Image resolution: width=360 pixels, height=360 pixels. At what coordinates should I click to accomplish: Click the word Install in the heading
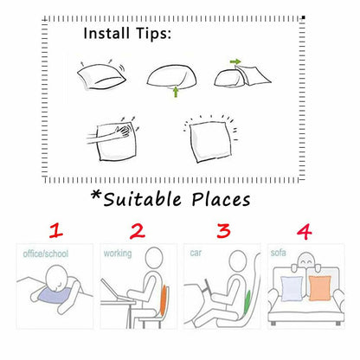106,33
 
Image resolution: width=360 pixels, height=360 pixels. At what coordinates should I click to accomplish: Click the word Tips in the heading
151,34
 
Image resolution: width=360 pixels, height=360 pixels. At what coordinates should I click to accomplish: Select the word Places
221,200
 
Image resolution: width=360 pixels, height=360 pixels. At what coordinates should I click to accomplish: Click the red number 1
56,231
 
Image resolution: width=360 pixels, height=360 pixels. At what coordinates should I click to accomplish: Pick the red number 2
137,231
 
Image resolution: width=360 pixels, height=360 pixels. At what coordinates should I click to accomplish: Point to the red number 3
223,231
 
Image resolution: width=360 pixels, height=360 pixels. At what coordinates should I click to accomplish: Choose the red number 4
305,232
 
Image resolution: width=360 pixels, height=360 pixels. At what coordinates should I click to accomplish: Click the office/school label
46,254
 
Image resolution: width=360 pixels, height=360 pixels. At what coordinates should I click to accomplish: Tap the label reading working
118,254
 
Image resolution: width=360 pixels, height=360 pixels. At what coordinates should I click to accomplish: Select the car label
196,253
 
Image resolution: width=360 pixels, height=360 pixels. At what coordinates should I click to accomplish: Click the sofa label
278,253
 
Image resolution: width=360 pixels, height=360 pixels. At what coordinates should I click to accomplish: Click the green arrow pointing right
235,61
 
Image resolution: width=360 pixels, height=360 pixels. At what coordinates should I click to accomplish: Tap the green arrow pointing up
176,93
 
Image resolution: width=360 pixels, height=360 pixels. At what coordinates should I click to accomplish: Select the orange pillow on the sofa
320,288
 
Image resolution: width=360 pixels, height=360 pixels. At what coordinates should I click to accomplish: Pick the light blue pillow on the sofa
292,289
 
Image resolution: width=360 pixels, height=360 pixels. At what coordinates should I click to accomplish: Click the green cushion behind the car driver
247,303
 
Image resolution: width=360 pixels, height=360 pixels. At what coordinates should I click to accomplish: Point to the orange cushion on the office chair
164,300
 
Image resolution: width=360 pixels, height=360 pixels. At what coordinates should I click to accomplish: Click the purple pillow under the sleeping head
55,296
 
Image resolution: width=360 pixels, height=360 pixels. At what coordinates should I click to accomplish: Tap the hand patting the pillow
123,132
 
